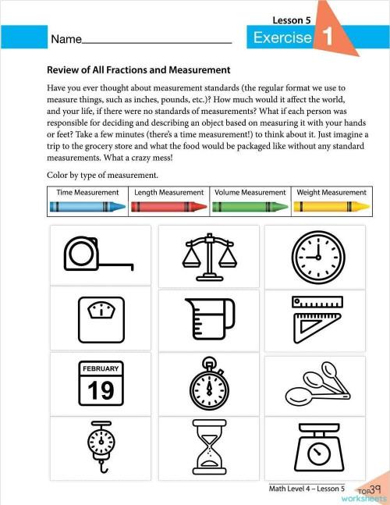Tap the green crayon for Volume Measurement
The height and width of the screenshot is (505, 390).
pos(250,207)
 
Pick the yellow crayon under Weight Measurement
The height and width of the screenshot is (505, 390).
pos(331,207)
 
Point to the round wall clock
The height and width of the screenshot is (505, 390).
pos(317,254)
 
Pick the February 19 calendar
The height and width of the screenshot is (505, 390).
pos(100,382)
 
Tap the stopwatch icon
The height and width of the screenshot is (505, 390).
pos(208,382)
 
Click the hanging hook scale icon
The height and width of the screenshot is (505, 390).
pos(100,446)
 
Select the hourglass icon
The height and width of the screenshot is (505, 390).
pos(208,446)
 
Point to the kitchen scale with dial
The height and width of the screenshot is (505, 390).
pos(316,448)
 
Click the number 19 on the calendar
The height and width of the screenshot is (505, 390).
pos(100,389)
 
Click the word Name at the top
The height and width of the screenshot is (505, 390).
pos(66,38)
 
